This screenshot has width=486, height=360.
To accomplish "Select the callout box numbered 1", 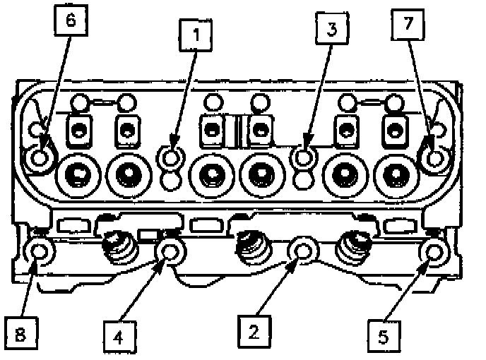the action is [198, 34].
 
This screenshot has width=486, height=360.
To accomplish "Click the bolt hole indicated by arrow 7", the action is [434, 155].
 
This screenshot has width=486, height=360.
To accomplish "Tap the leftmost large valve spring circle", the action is [77, 172].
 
